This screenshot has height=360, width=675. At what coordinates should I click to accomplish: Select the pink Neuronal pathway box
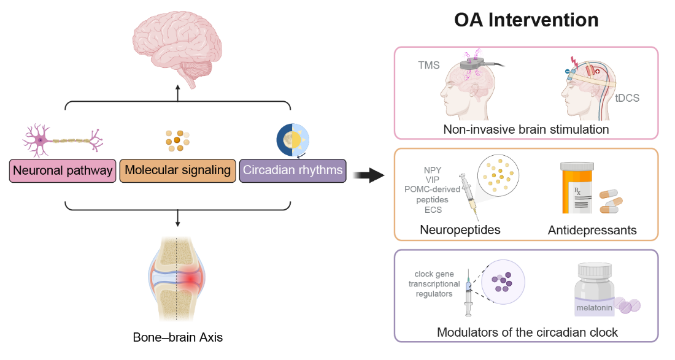click(x=63, y=170)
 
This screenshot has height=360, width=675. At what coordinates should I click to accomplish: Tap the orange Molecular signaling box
click(x=177, y=170)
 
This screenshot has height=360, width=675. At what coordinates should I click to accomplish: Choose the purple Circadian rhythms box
click(x=293, y=170)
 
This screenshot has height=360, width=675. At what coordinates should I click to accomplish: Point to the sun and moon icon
click(x=292, y=137)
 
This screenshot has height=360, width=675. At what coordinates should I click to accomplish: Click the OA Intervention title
click(x=526, y=20)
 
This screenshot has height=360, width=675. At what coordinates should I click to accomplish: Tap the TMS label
click(x=428, y=65)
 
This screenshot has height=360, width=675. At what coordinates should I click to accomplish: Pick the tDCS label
click(x=627, y=98)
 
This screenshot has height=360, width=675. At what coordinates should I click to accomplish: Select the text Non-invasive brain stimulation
click(x=526, y=129)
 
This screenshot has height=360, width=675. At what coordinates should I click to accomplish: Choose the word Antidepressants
click(x=593, y=230)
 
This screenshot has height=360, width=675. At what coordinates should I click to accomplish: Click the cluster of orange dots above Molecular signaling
click(x=177, y=140)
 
